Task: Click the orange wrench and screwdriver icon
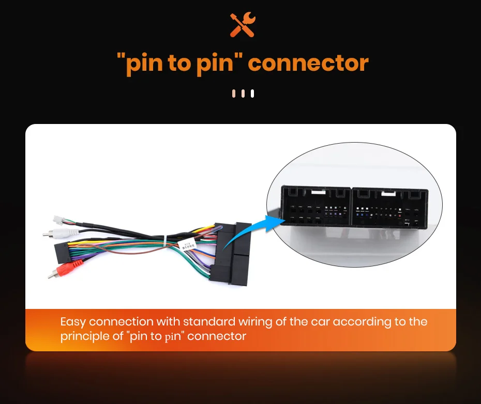(243, 25)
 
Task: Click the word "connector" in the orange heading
(308, 64)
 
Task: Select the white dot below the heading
(252, 94)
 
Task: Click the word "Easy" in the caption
(73, 322)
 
